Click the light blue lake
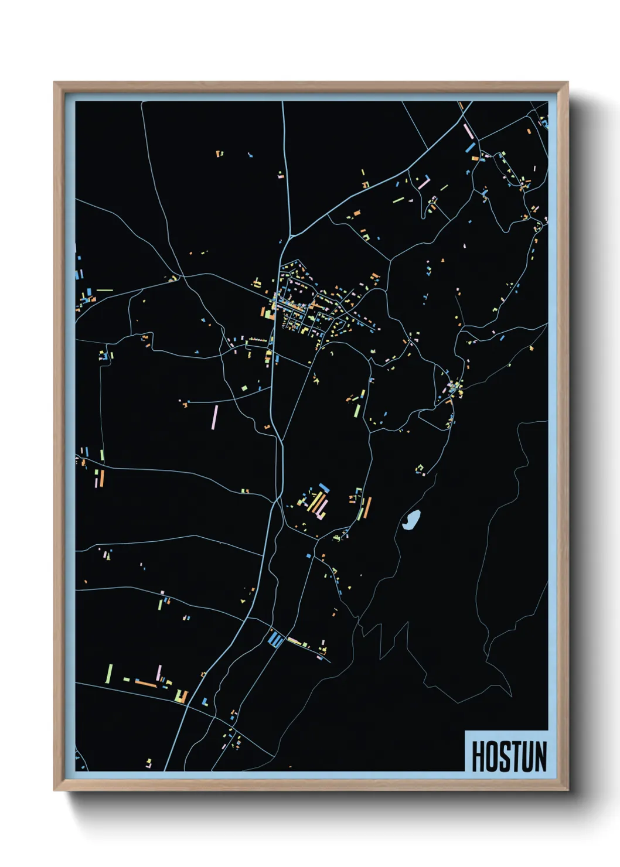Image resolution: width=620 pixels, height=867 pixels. pyautogui.click(x=411, y=519)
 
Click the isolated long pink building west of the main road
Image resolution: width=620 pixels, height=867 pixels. pyautogui.click(x=215, y=417)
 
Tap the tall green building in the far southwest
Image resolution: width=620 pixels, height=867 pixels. pyautogui.click(x=108, y=673)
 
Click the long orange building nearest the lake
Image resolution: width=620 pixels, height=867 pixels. pyautogui.click(x=367, y=507)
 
